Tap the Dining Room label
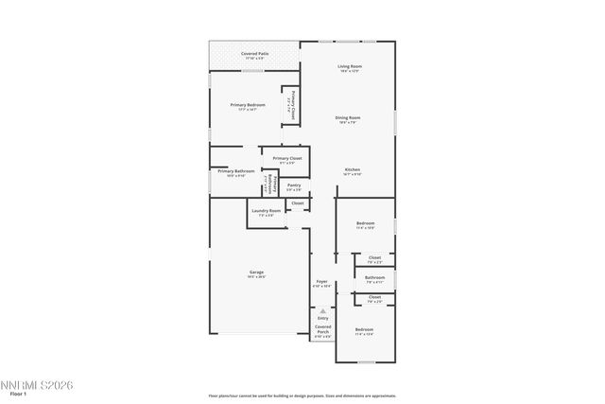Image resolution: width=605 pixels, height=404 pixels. [x=349, y=119]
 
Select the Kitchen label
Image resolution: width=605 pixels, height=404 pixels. [x=352, y=171]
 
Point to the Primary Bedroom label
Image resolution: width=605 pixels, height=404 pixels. [x=246, y=106]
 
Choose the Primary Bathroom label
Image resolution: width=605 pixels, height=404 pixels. [x=235, y=172]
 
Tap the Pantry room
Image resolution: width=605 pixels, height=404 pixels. [x=294, y=186]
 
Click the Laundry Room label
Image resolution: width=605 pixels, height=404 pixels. [x=266, y=213]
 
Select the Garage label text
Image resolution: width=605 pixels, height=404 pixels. [x=256, y=274]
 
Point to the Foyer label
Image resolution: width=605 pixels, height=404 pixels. [x=321, y=283]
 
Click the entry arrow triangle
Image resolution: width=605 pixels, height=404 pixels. [x=322, y=310]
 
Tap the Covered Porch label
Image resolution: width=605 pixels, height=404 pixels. [x=322, y=332]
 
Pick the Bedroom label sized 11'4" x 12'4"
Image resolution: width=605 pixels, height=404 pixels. [x=364, y=331]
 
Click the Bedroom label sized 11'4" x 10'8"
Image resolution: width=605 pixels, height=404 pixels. [x=365, y=225]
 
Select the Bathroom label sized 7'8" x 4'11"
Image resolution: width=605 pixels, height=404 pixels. [x=374, y=279]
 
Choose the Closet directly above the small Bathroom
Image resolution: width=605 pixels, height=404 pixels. [x=374, y=258]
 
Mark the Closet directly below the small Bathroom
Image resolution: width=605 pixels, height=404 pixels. [x=374, y=299]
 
